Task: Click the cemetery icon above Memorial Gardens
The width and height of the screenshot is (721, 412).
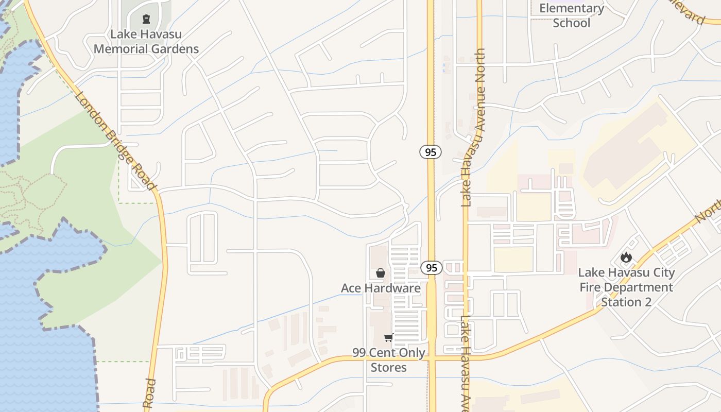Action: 146,20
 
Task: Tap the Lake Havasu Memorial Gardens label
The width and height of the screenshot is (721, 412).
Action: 146,42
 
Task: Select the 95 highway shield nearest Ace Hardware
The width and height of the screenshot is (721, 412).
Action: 431,268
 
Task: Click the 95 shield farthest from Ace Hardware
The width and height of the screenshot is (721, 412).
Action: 430,152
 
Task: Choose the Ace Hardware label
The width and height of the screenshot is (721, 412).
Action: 381,288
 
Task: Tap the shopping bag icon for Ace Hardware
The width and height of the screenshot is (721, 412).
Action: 380,273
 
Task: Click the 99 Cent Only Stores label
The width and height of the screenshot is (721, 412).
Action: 389,360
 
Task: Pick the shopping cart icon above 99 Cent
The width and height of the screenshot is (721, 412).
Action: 388,338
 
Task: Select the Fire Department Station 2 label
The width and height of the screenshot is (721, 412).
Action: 626,287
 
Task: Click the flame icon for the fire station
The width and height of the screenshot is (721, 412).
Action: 626,257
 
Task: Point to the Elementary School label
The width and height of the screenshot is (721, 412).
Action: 572,15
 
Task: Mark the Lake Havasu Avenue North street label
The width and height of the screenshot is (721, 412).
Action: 473,128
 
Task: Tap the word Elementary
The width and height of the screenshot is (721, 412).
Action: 572,8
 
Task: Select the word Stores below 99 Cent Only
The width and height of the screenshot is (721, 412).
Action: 389,368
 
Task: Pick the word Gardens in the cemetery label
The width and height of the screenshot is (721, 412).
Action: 173,49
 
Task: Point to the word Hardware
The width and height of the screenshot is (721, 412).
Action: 393,288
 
